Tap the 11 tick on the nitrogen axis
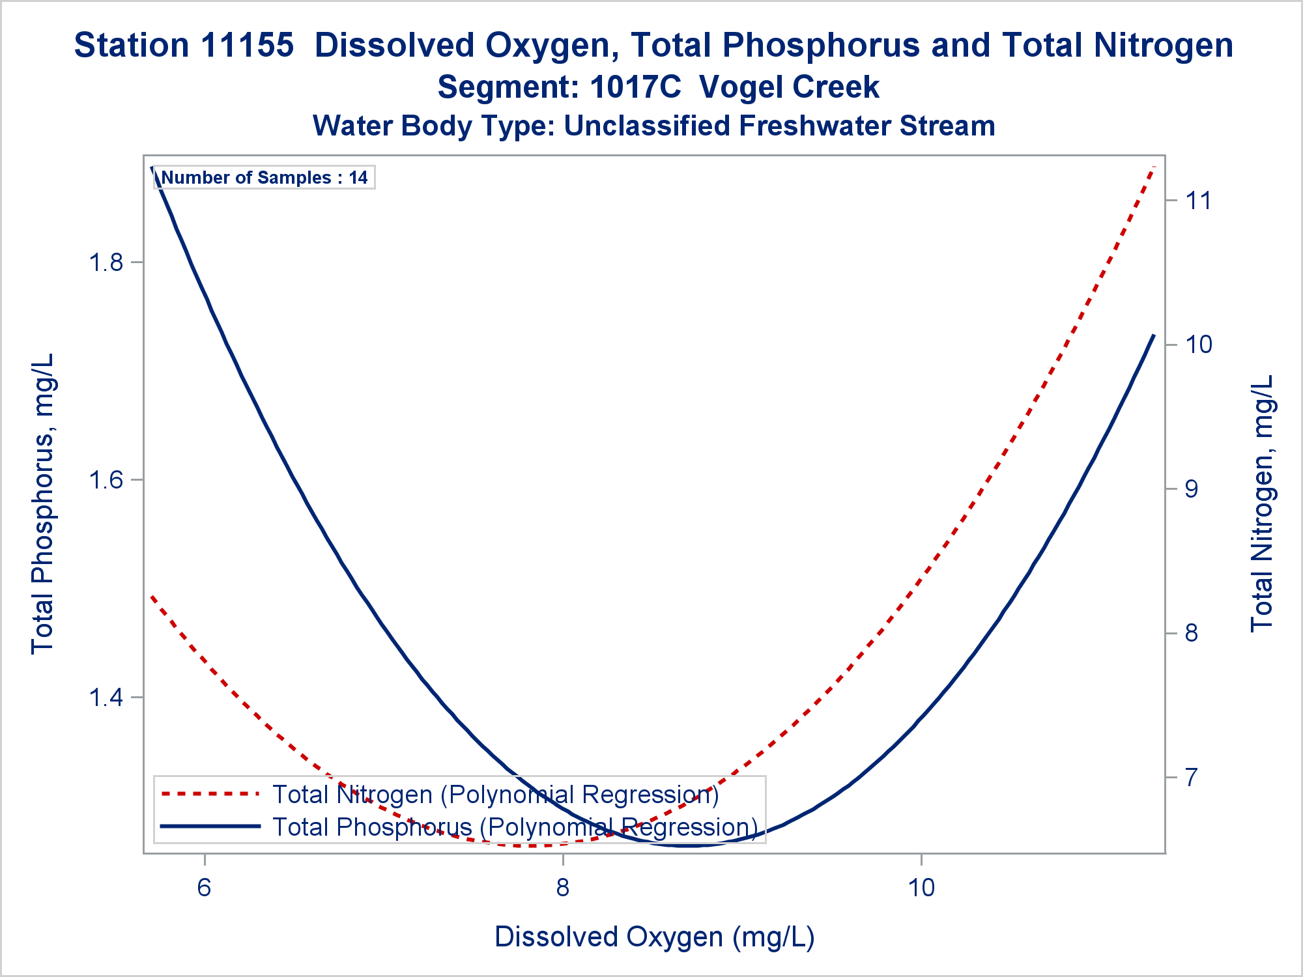[1198, 201]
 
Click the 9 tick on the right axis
[1191, 489]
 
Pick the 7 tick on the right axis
[1191, 777]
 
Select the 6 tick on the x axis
[205, 887]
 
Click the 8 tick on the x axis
[563, 887]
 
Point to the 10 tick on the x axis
[921, 887]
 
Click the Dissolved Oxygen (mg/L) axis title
[654, 937]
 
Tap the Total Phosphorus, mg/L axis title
[43, 503]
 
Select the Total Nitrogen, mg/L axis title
[1261, 503]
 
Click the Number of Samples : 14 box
[264, 178]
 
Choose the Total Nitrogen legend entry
[495, 795]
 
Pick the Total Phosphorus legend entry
[515, 827]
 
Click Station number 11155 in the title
[248, 46]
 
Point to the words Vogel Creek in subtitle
[789, 87]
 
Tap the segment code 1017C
[635, 87]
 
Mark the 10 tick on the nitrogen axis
[1198, 345]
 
